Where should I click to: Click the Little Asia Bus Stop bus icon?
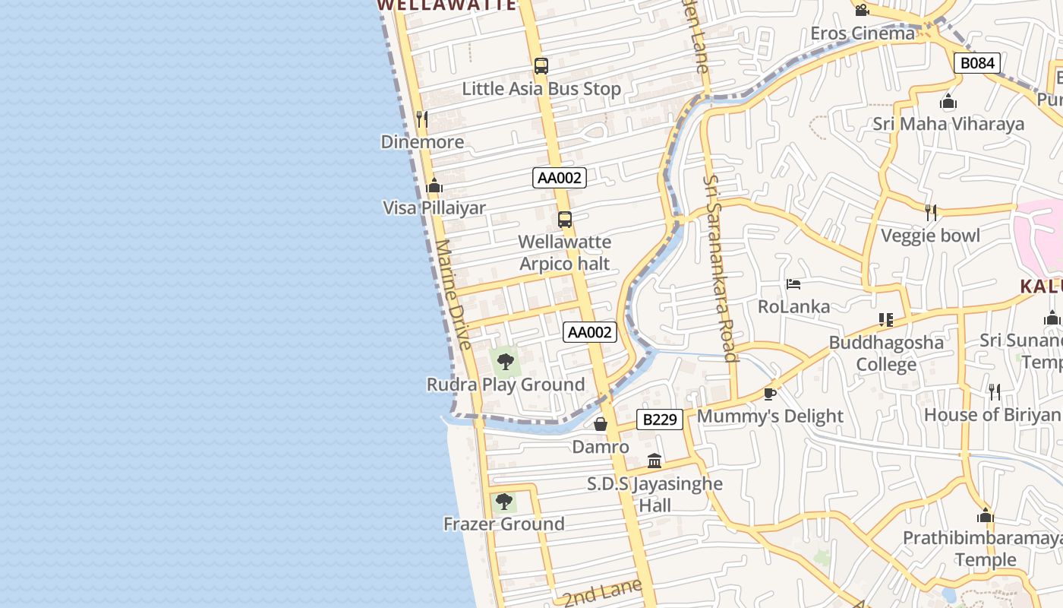pos(541,66)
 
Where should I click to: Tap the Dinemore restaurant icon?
pos(422,119)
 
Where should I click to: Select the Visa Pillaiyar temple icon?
pos(434,185)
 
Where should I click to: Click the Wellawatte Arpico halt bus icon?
pos(565,220)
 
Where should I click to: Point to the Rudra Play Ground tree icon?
pos(506,362)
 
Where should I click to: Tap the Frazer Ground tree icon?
pos(503,502)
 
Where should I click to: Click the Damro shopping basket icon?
pos(601,423)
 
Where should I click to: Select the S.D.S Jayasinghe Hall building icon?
pos(655,461)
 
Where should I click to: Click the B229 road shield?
pos(659,419)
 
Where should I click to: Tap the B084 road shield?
pos(976,63)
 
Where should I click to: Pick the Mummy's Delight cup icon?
pos(770,393)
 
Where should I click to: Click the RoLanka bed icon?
pos(793,284)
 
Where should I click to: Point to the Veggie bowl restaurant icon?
pos(931,213)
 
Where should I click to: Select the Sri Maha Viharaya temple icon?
pos(948,101)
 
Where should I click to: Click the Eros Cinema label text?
pos(863,33)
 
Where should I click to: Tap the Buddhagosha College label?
pos(886,353)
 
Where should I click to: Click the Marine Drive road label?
pos(455,295)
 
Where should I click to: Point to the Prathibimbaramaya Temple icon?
pos(986,516)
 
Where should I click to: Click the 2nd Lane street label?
pos(602,591)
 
